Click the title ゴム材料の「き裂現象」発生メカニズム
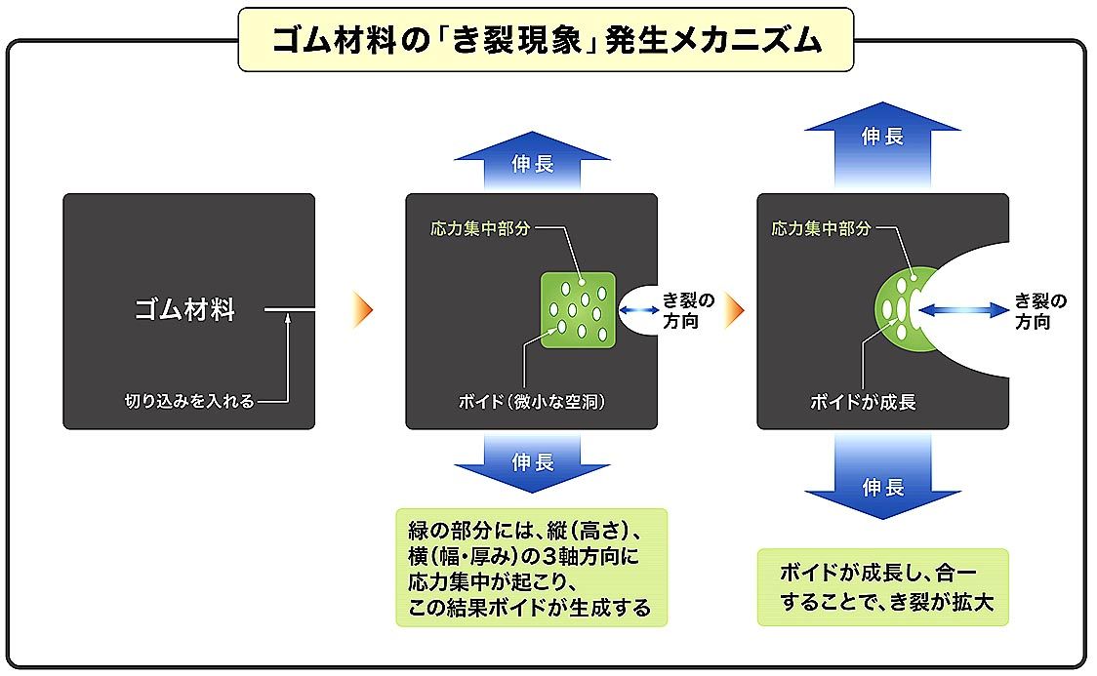[x=547, y=41]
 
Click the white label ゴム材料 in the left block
[x=184, y=311]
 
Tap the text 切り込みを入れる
[x=189, y=401]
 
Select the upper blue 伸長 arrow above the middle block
[x=532, y=161]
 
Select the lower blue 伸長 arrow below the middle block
[x=532, y=462]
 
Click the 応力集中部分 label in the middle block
[x=481, y=229]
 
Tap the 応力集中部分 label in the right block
[x=821, y=229]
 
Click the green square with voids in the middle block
[x=578, y=309]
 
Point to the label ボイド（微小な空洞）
[x=531, y=401]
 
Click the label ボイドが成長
[x=863, y=401]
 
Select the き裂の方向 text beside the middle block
[x=688, y=310]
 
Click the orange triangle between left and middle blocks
[x=363, y=310]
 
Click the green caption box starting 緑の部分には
[x=530, y=567]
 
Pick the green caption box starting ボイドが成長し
[x=882, y=587]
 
